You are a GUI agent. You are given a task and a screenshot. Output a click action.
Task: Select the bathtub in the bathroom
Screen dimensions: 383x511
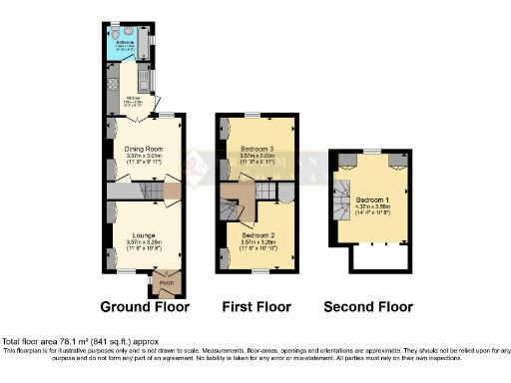[150, 44]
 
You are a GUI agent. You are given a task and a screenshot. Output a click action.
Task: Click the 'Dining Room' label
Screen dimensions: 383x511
[145, 149]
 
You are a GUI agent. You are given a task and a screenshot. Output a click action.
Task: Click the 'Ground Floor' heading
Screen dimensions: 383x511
[144, 306]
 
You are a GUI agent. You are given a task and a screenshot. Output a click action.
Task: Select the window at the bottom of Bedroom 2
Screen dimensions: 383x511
[256, 270]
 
